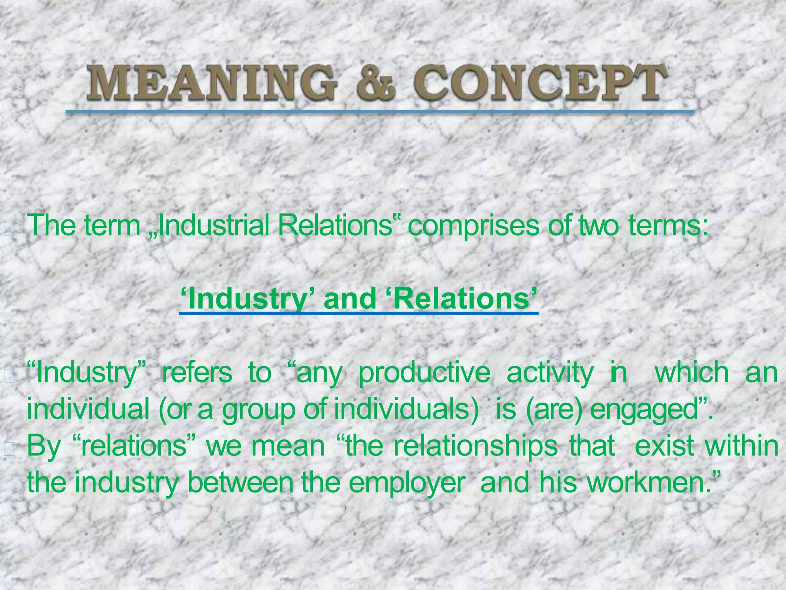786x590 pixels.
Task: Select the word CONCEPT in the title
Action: (539, 82)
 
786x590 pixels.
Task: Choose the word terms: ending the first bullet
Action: (668, 226)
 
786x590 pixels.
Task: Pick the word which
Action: (691, 373)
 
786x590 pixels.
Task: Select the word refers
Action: (197, 373)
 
